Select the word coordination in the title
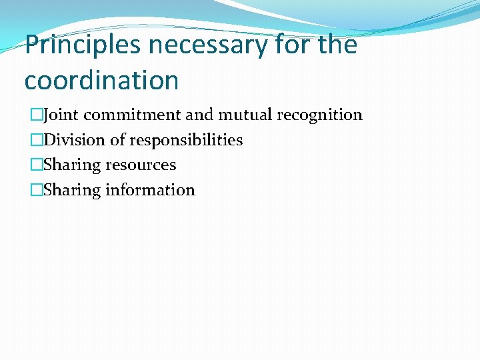tap(101, 80)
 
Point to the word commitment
tap(132, 115)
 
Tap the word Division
tap(69, 140)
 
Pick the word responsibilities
tap(186, 140)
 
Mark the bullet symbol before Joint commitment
tap(37, 115)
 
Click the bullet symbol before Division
tap(37, 141)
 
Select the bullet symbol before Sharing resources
tap(37, 165)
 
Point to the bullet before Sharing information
tap(37, 191)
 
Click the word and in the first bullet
tap(198, 115)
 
